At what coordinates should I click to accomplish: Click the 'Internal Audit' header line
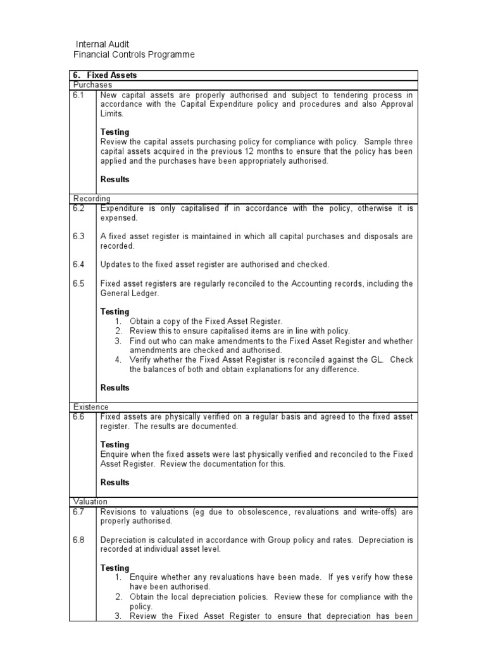103,44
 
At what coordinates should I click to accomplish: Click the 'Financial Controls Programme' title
134,55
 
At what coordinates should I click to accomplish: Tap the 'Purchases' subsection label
92,84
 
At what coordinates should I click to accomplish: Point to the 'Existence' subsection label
91,406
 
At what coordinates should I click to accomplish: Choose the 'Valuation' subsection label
90,501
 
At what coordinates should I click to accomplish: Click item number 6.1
79,94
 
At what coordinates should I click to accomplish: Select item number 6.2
79,208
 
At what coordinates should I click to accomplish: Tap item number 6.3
79,237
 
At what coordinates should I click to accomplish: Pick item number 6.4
79,265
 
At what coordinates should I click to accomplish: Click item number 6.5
79,283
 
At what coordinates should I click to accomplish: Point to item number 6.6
79,416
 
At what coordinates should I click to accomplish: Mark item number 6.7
79,511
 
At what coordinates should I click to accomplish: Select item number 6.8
79,540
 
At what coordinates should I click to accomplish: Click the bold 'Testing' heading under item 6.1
115,132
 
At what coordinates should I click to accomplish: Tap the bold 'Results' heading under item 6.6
115,482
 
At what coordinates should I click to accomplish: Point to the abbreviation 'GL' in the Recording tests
377,359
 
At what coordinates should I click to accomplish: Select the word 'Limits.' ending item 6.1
113,113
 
